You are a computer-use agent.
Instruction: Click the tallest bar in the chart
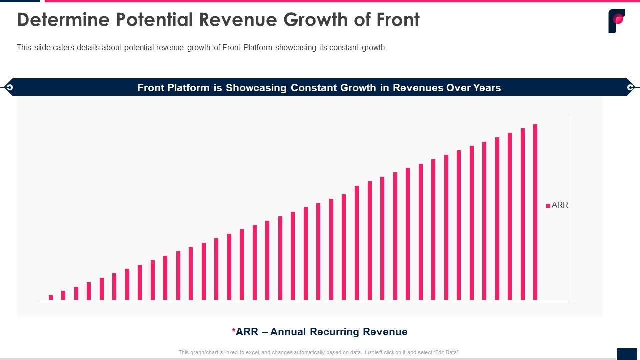535,212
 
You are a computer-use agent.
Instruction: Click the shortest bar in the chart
51,297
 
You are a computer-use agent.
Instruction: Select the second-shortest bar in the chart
63,295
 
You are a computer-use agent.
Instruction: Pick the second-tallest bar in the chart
522,214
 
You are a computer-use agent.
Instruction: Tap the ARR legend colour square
548,205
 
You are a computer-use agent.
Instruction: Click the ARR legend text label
560,205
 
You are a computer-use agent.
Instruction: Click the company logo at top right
616,21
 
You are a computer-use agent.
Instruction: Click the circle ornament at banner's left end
8,87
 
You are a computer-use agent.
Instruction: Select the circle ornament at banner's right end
630,87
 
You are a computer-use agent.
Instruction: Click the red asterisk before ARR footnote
233,331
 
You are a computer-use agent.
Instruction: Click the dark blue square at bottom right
627,353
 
